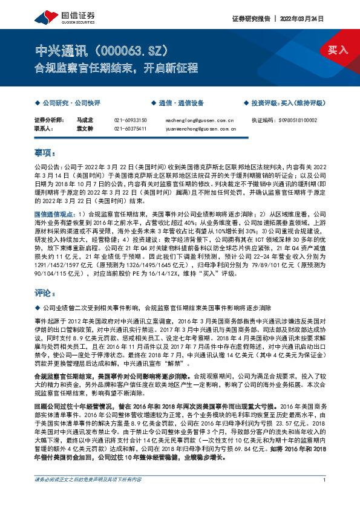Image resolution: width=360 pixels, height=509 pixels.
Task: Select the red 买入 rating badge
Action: click(x=338, y=50)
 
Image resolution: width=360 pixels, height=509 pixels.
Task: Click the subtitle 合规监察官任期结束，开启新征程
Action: click(x=116, y=68)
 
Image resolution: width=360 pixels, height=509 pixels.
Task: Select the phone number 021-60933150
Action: click(x=130, y=121)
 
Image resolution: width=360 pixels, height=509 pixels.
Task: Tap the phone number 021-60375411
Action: click(x=130, y=129)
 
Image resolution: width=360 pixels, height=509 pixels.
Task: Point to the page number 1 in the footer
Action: click(x=326, y=497)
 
